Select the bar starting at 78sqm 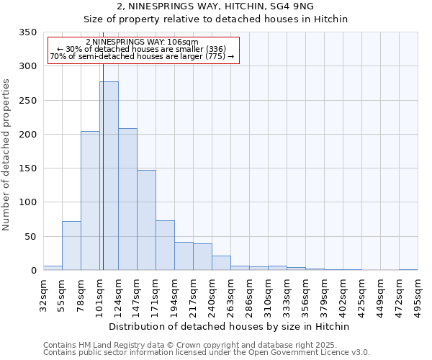90,201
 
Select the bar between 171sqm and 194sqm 165,246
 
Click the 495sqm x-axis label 418,294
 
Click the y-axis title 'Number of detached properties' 6,156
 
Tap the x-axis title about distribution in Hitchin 230,326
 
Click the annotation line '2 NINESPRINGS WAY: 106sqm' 142,42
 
